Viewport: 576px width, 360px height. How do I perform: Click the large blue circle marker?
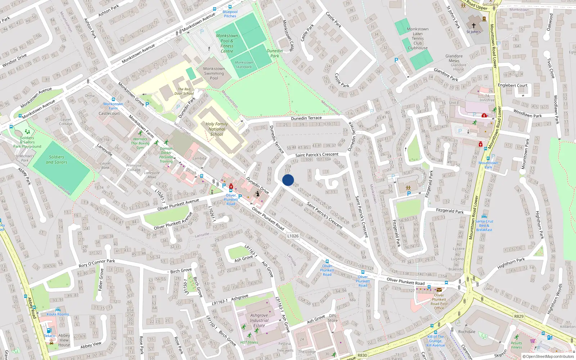(x=288, y=180)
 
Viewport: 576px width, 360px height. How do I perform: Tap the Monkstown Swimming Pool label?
(x=214, y=73)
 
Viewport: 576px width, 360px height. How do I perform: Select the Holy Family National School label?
(x=217, y=129)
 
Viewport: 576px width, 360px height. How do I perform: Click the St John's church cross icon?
(x=474, y=26)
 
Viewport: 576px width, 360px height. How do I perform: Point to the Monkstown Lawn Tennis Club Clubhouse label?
(x=418, y=39)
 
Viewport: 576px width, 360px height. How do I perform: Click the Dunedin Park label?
(x=275, y=53)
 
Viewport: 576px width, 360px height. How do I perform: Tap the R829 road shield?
(x=519, y=316)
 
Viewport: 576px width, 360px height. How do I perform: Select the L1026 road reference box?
(x=293, y=236)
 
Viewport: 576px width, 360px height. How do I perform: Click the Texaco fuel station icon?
(x=49, y=330)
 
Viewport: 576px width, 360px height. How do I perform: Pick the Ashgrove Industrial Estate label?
(x=259, y=320)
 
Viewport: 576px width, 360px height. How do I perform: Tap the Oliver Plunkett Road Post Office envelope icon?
(x=439, y=290)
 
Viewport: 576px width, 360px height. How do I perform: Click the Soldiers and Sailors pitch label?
(x=57, y=159)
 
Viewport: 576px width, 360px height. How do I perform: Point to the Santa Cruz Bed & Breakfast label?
(x=484, y=225)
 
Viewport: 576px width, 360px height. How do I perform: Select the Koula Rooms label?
(x=58, y=314)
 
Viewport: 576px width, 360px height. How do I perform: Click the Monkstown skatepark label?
(x=244, y=64)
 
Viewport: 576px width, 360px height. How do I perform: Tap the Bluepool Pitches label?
(x=230, y=14)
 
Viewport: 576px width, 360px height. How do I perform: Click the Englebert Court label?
(x=512, y=85)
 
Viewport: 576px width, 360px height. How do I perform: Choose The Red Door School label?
(x=184, y=91)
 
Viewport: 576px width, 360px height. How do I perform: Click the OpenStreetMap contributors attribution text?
(x=548, y=356)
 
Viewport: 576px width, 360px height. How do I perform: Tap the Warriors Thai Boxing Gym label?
(x=140, y=143)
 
